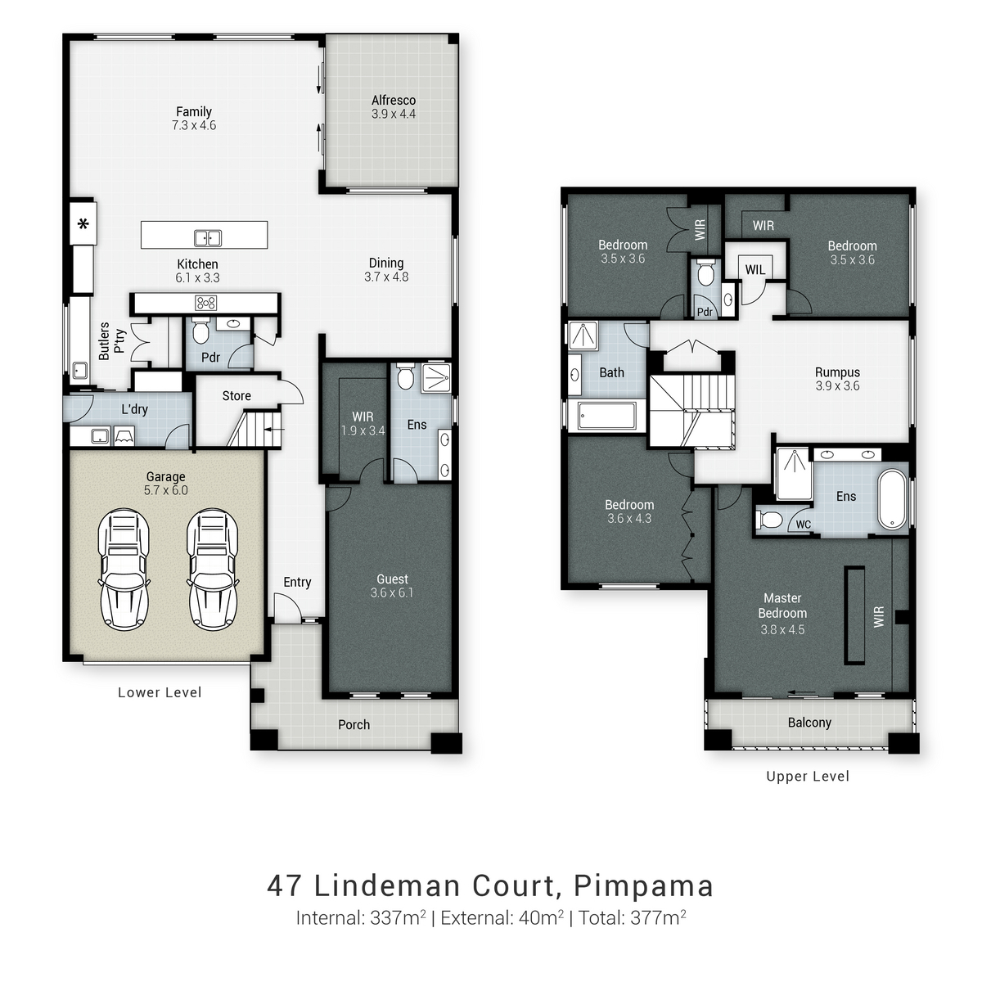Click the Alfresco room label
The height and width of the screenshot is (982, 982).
393,101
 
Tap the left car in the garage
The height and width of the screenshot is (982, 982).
124,569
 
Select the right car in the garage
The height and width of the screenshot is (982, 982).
212,569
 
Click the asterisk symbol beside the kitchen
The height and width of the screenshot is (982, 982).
83,223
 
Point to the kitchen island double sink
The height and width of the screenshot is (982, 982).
207,238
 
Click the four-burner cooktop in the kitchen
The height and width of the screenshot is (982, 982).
205,303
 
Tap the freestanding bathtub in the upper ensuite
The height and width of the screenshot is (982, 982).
892,499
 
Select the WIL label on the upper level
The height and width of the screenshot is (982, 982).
755,270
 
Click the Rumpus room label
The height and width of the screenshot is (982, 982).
837,372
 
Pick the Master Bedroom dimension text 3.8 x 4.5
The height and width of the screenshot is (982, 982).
782,629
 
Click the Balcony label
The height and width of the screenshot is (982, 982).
809,722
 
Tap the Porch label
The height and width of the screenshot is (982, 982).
354,724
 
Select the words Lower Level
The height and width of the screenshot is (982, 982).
160,692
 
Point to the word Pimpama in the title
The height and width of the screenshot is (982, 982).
643,885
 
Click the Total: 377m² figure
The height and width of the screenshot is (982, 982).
633,917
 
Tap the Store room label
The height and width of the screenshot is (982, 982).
236,395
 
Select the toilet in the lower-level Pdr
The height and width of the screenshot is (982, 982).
200,331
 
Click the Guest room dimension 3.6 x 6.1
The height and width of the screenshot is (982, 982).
391,592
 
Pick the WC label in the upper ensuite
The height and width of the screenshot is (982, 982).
803,524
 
